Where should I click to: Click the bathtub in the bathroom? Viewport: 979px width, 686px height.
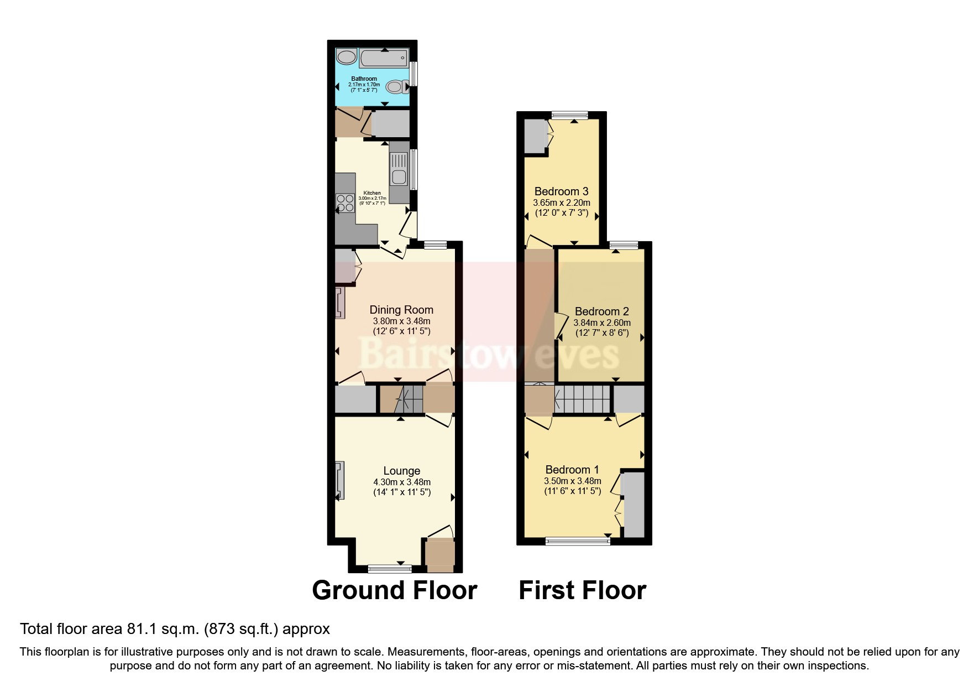(x=384, y=58)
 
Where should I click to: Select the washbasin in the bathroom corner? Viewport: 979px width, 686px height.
(x=347, y=57)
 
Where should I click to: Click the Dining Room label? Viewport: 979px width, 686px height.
(x=401, y=310)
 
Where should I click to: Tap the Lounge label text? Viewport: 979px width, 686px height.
(x=401, y=471)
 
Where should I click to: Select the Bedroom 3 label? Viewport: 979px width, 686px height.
(x=561, y=191)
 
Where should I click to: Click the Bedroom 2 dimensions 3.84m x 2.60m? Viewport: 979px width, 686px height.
(x=601, y=323)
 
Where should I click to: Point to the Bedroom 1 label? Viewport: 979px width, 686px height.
(x=572, y=470)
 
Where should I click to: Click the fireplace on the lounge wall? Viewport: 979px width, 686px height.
(x=339, y=480)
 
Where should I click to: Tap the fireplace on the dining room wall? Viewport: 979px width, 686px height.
(x=339, y=303)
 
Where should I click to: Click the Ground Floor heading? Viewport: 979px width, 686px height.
(x=394, y=590)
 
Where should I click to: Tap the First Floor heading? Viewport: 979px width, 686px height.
(x=582, y=590)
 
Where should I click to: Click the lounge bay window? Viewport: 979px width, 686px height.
(x=390, y=568)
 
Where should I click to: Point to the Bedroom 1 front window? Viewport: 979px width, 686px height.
(x=578, y=541)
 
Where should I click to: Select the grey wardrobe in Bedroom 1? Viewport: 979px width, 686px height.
(x=634, y=505)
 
